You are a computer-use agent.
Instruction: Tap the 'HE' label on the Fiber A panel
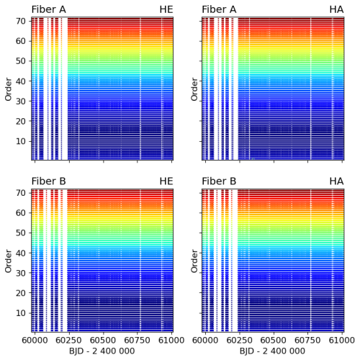(x=166, y=9)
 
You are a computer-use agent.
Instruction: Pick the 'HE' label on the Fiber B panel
(x=166, y=181)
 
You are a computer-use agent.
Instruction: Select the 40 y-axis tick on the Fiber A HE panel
(x=21, y=80)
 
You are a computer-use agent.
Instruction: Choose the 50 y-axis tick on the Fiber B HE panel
(x=21, y=233)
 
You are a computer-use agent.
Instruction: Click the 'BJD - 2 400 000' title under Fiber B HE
(x=102, y=351)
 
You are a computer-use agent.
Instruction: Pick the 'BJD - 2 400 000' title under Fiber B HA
(x=272, y=351)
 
